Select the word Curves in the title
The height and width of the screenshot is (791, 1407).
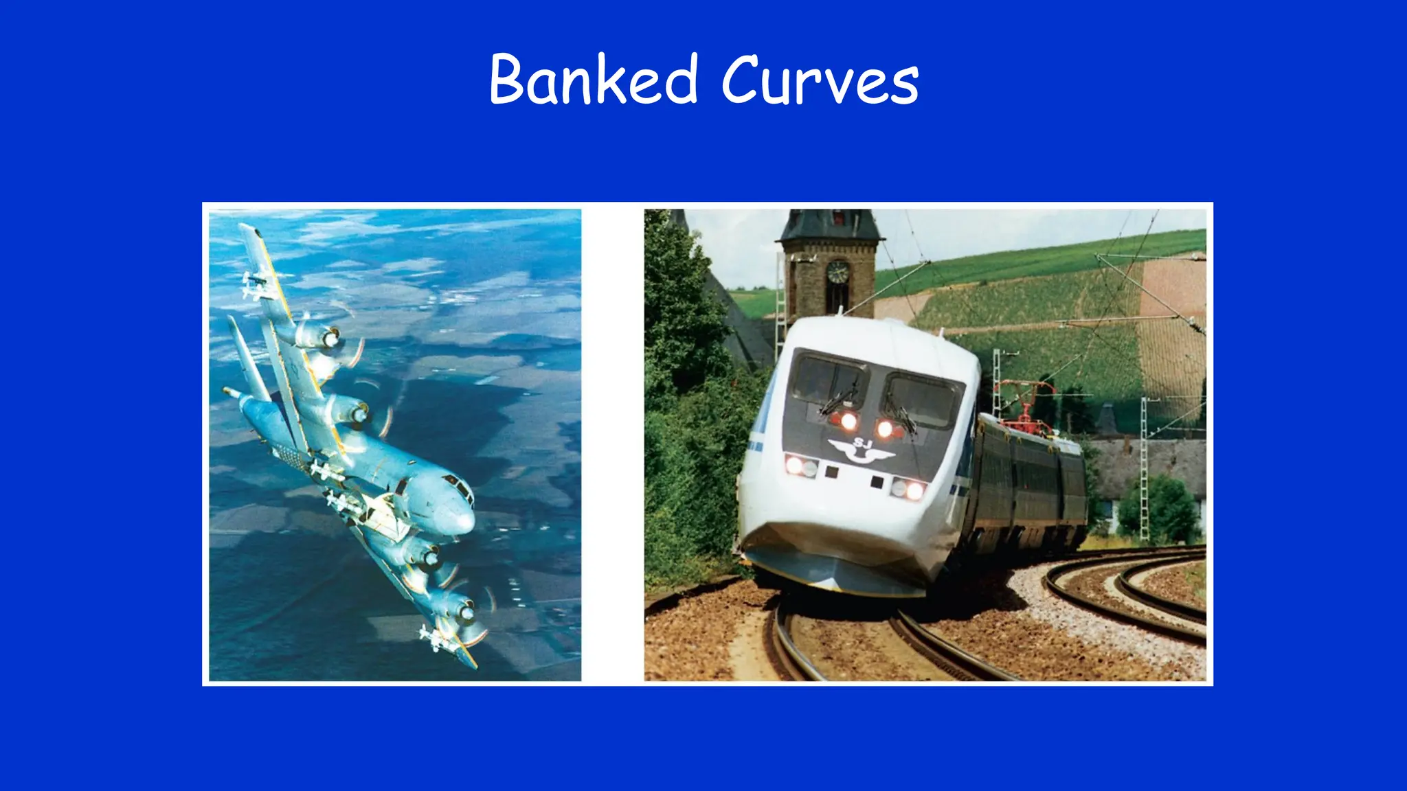(820, 80)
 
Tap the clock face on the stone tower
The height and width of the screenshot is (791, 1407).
(837, 273)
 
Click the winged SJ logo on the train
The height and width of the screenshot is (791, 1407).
(861, 450)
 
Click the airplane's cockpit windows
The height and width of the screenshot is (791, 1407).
(459, 486)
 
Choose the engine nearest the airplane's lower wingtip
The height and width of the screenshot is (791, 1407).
(454, 608)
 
